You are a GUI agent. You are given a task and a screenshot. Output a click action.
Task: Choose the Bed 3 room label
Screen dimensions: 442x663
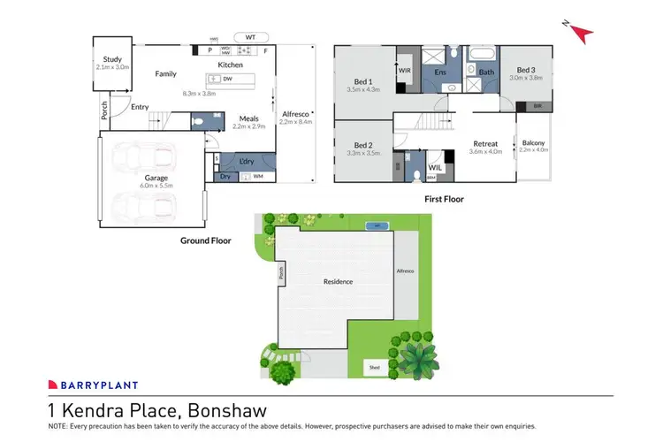coord(526,70)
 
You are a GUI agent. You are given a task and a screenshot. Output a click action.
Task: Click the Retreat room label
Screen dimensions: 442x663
coord(485,143)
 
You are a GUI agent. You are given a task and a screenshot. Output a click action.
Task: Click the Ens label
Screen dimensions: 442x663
coord(438,72)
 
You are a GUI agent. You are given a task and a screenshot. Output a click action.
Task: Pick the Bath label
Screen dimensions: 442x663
coord(485,72)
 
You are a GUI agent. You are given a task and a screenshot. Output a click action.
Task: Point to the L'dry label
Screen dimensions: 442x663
coord(248,161)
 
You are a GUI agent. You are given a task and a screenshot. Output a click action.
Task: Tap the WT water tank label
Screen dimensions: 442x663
coord(250,38)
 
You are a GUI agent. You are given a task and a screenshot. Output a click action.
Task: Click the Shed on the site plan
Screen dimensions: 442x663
coord(375,366)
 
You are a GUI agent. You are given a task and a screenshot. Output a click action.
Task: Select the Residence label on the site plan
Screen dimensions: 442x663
coord(338,282)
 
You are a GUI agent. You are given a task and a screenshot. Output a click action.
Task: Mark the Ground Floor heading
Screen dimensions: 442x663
coord(209,240)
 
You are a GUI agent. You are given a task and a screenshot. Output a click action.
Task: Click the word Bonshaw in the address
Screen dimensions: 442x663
coord(228,410)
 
